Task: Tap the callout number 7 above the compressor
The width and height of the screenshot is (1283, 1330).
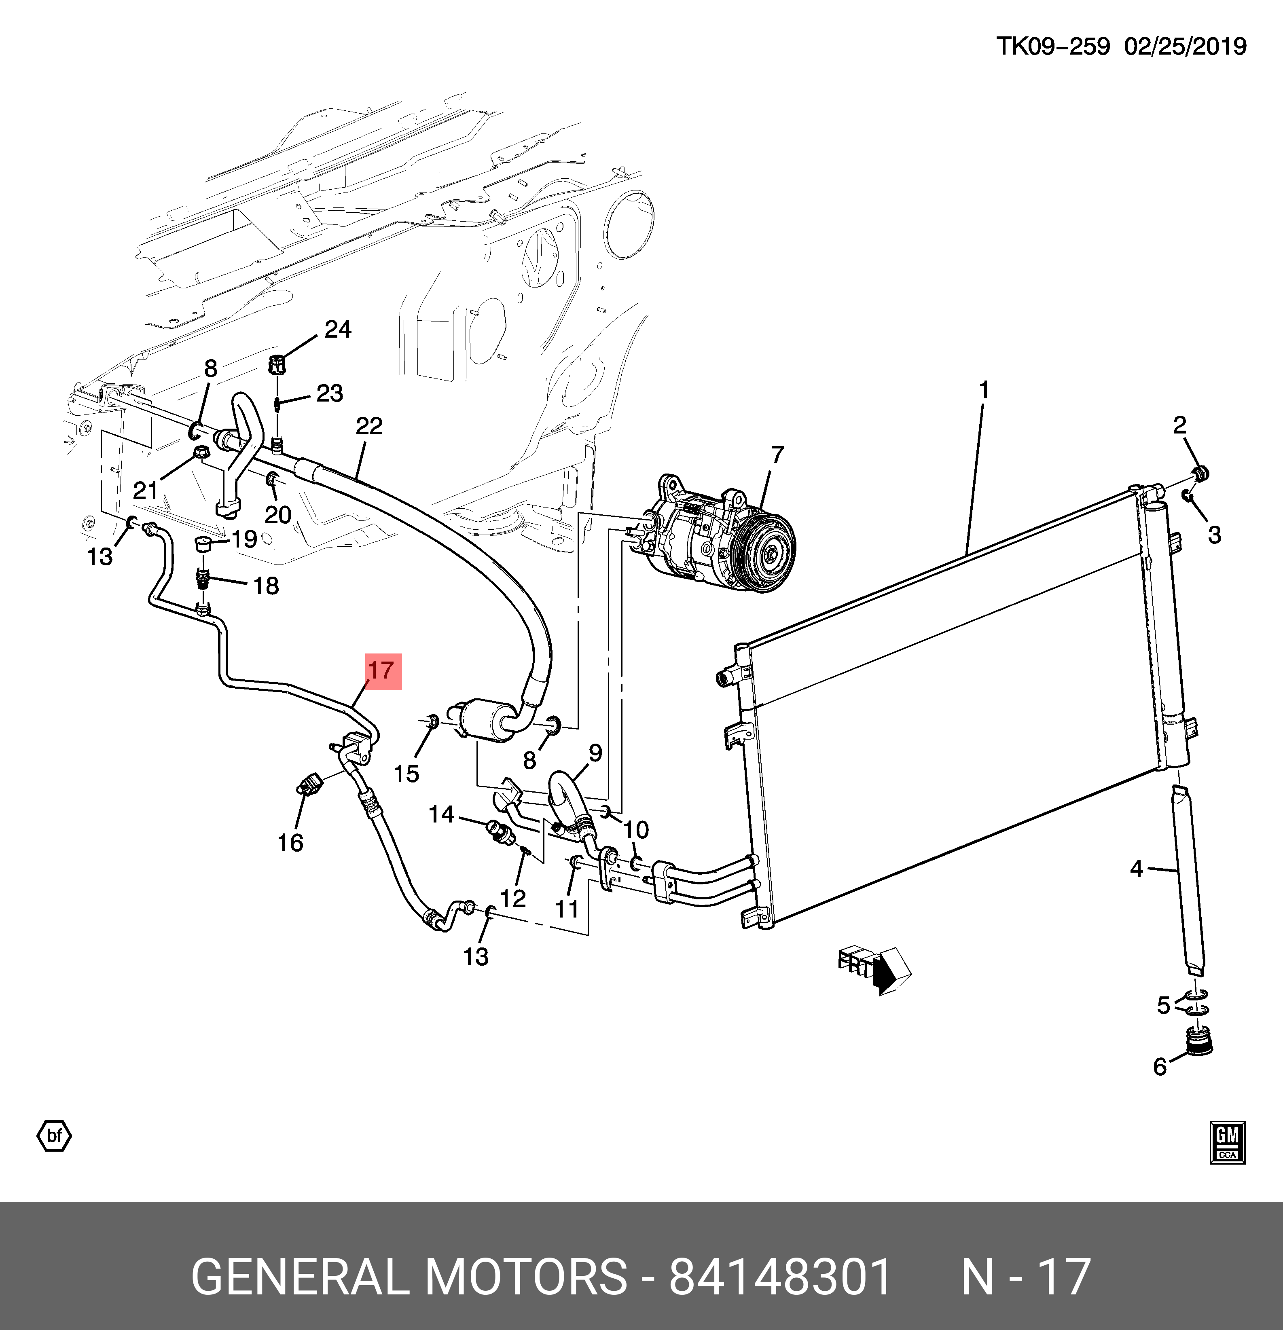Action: coord(777,455)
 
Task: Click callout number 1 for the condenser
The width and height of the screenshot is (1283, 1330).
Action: coord(984,391)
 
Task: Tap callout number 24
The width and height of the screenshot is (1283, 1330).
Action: coord(337,330)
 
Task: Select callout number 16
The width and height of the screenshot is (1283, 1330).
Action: coord(290,843)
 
